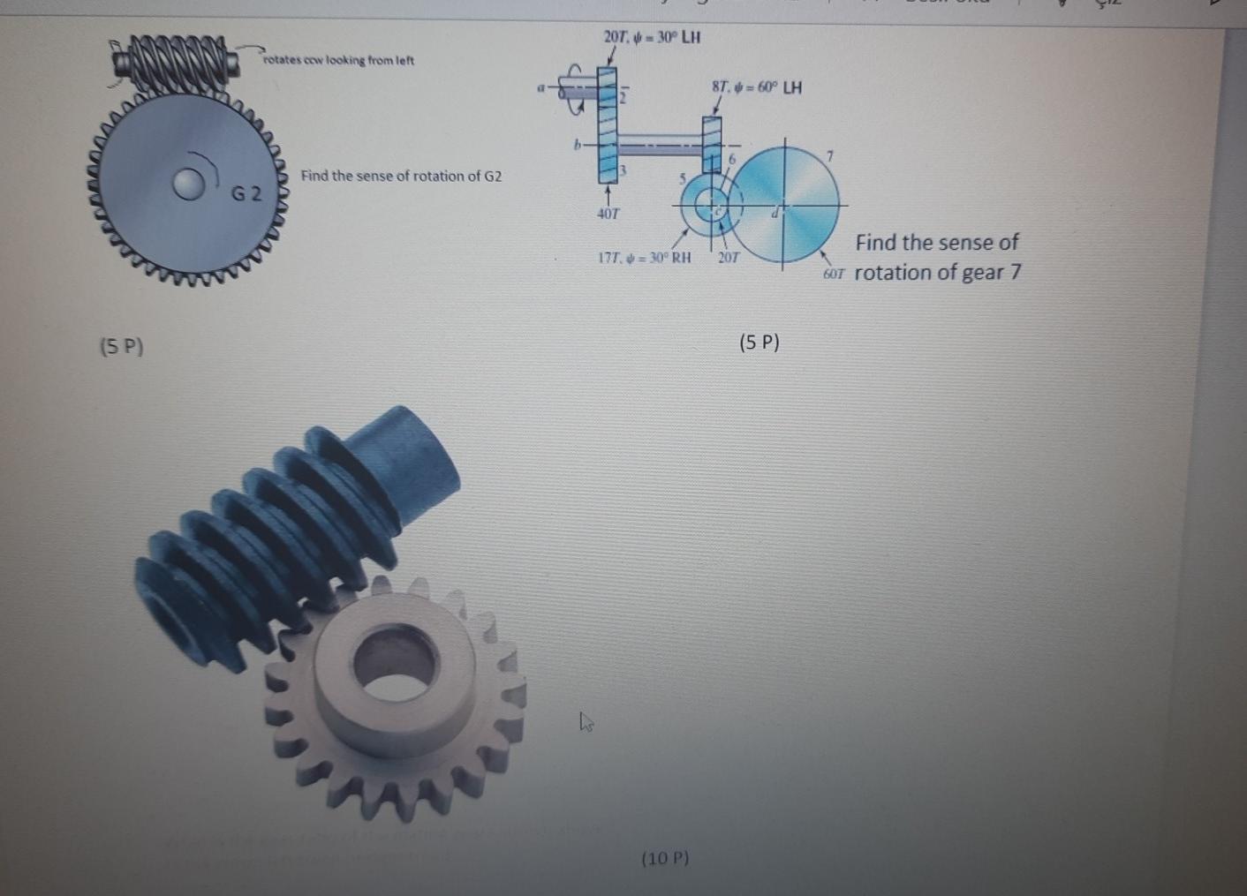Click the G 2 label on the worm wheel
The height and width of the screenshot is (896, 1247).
click(x=246, y=193)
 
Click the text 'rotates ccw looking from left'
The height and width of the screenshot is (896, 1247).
click(x=338, y=60)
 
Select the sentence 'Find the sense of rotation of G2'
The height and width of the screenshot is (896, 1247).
click(x=401, y=176)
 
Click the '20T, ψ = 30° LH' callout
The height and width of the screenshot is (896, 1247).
click(x=652, y=37)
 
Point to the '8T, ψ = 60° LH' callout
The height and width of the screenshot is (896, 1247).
click(x=757, y=87)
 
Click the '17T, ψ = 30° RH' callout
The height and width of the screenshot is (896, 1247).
click(x=644, y=258)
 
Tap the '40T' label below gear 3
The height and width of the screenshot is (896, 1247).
click(x=608, y=213)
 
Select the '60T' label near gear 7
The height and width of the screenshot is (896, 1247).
click(x=834, y=275)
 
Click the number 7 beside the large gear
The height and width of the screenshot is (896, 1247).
click(x=829, y=156)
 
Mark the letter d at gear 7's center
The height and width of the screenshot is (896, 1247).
click(x=775, y=211)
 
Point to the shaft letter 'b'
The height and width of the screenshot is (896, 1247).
click(x=578, y=144)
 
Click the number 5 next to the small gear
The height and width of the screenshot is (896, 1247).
click(x=682, y=177)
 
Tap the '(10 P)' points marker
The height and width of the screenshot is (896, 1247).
click(x=665, y=857)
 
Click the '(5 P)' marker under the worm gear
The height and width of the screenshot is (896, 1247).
click(x=122, y=346)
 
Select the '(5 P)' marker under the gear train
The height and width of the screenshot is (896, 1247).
click(x=759, y=343)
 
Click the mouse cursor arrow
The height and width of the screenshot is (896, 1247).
click(x=586, y=722)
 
